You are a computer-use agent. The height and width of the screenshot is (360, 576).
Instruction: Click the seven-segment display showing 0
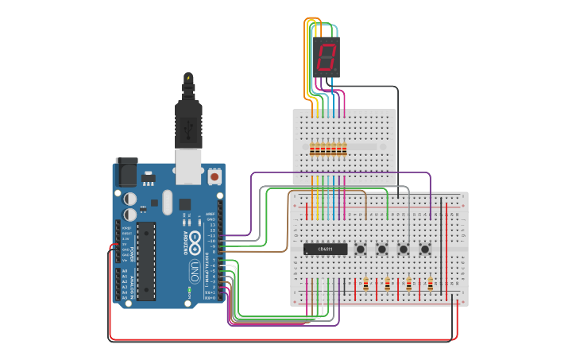click(x=327, y=56)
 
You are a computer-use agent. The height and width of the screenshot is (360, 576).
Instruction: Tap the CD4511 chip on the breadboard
click(x=326, y=249)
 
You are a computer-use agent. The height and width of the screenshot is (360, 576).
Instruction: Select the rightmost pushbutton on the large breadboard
click(x=425, y=250)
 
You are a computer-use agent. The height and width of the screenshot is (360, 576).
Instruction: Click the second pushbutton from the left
click(x=382, y=250)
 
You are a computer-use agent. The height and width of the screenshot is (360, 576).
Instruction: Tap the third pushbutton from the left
click(x=404, y=250)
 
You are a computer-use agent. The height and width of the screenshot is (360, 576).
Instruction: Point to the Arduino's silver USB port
click(x=188, y=165)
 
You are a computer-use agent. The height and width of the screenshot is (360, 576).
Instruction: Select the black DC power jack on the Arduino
click(x=126, y=172)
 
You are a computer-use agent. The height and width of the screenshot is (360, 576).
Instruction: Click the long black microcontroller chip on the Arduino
click(x=145, y=261)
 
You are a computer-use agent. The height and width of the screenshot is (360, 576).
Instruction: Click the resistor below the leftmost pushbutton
click(x=365, y=285)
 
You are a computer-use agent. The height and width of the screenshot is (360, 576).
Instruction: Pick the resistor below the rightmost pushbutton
click(x=430, y=285)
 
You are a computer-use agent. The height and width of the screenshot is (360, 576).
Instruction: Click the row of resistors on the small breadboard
click(x=328, y=149)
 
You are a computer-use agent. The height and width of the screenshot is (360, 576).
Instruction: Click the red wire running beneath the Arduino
click(x=278, y=340)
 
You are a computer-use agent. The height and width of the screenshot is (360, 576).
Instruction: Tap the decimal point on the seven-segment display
click(x=336, y=68)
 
